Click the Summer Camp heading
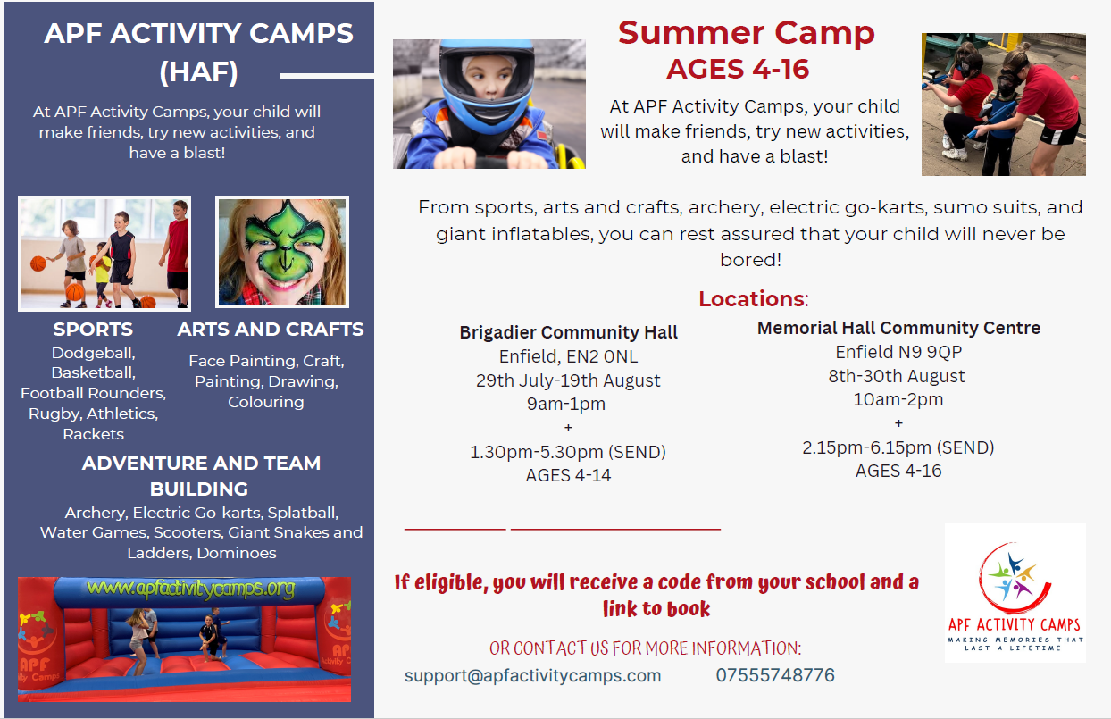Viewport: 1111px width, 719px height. tap(746, 33)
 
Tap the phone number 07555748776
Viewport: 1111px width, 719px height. tap(775, 675)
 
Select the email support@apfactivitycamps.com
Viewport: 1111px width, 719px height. tap(532, 676)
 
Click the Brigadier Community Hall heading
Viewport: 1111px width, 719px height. tap(568, 332)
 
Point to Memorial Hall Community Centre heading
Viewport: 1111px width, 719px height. tap(898, 328)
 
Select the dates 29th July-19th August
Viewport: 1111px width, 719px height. tap(568, 380)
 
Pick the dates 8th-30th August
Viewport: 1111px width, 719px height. tap(897, 376)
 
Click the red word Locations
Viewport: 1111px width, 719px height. tap(751, 299)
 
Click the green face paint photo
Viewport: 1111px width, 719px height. tap(282, 252)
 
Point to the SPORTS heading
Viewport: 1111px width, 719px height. tap(93, 330)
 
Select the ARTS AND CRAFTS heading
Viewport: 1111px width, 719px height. tap(271, 330)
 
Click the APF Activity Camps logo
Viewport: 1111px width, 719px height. tap(1015, 592)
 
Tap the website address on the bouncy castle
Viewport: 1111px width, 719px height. tap(191, 589)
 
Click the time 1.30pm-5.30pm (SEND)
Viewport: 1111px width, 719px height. tap(568, 452)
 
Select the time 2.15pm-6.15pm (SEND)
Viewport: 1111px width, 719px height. tap(898, 447)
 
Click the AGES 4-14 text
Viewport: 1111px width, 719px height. tap(568, 475)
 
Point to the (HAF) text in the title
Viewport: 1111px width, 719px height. tap(199, 71)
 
